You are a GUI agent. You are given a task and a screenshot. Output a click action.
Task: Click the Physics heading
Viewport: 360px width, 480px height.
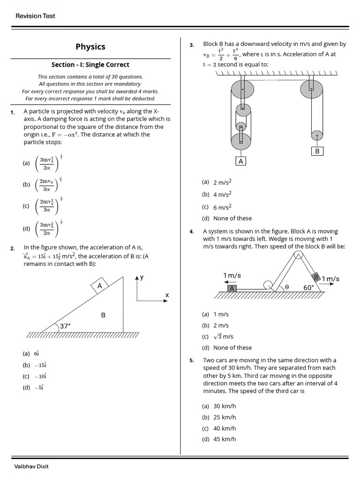point(90,46)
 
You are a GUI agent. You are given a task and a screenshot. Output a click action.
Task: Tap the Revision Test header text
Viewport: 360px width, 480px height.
point(35,16)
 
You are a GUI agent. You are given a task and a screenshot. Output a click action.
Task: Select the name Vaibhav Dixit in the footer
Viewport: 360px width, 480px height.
point(32,466)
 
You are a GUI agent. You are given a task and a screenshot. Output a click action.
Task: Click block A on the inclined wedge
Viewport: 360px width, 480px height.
point(100,286)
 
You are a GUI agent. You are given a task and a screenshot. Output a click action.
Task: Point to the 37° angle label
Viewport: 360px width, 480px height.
point(65,325)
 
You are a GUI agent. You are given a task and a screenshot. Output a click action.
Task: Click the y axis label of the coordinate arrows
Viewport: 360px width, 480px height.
point(142,277)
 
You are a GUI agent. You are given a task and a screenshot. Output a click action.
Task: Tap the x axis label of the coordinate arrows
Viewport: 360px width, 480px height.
point(166,295)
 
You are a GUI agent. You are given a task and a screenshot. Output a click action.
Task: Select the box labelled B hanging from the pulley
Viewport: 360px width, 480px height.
point(317,151)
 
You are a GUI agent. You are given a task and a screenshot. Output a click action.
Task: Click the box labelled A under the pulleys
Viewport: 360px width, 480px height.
point(241,161)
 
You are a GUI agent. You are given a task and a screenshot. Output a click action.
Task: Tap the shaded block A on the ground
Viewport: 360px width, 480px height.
point(232,289)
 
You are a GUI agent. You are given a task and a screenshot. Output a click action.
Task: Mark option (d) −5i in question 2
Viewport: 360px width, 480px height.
point(33,387)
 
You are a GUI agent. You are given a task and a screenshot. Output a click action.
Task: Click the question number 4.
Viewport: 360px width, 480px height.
point(192,232)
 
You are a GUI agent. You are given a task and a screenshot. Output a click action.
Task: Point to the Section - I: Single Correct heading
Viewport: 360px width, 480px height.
point(90,65)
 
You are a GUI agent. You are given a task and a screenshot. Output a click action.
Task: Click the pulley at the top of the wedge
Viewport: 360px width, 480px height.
point(298,255)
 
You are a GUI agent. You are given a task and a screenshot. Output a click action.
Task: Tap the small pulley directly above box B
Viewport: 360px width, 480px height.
point(317,135)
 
